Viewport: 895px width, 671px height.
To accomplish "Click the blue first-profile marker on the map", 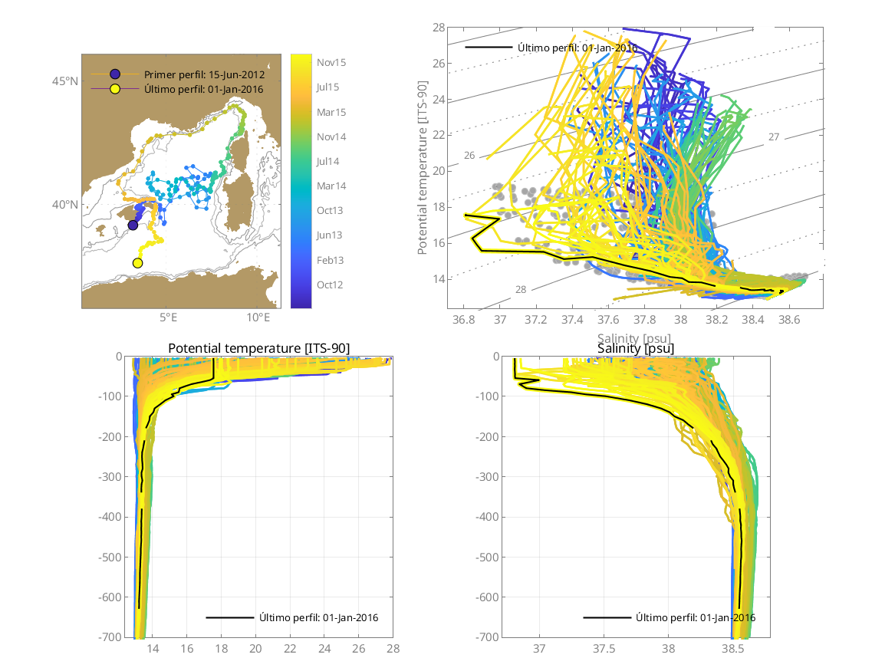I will coord(133,225).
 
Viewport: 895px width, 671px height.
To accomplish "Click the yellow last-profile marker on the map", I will coord(138,263).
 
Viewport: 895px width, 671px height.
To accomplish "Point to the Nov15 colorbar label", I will coord(331,63).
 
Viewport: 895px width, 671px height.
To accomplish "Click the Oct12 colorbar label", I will coord(331,285).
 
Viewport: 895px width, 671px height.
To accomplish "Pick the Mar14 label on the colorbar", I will coord(331,186).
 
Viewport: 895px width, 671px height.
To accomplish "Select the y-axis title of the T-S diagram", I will coord(423,168).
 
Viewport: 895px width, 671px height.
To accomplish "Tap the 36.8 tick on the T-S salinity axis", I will coord(463,318).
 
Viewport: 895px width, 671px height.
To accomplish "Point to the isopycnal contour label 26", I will coord(469,156).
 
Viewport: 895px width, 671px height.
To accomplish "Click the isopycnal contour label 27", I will coord(774,137).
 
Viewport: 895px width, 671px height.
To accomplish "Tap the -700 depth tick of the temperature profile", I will coord(113,637).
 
